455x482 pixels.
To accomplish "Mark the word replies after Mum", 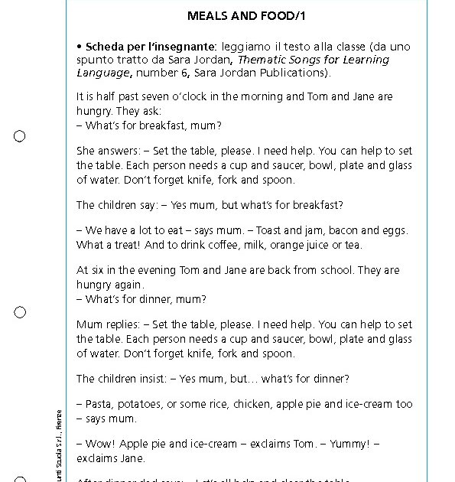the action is coord(122,324).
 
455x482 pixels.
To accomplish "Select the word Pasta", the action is coord(100,404).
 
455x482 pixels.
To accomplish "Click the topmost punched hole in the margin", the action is coord(20,136).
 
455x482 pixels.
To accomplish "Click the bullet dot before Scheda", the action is coord(80,47).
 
